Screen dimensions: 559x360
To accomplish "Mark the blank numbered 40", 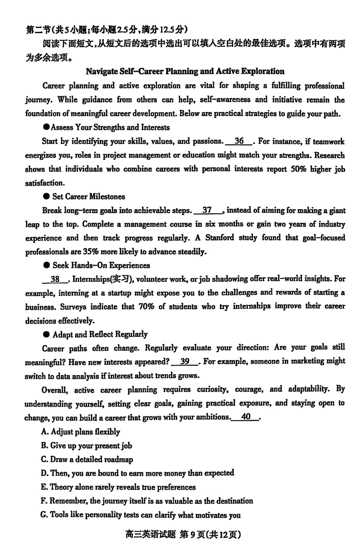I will click(x=246, y=417).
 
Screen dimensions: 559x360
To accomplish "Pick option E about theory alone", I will click(x=118, y=487).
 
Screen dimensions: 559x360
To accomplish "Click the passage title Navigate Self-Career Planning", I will click(x=184, y=71).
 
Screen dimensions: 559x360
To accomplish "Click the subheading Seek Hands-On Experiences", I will click(x=101, y=265).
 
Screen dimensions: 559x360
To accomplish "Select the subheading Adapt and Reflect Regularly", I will click(x=100, y=334).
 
